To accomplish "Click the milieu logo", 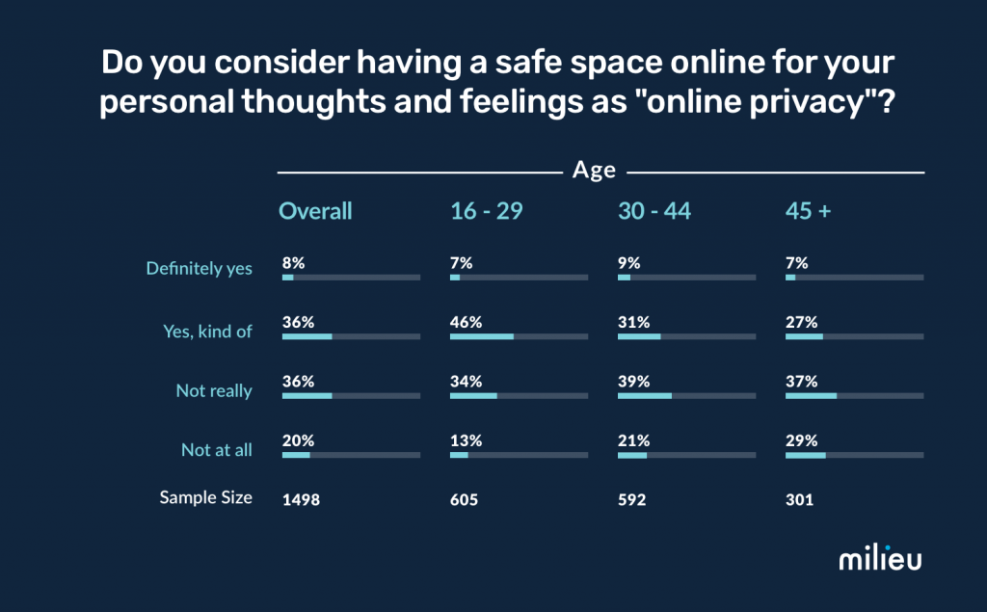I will click(879, 559).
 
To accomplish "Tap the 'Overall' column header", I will click(315, 211).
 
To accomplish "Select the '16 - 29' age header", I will click(486, 211).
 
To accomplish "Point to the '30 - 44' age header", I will click(654, 211).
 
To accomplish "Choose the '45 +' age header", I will click(808, 211).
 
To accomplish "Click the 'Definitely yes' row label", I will click(199, 268).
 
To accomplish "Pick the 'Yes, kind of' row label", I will click(207, 331).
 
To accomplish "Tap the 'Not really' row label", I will click(213, 390).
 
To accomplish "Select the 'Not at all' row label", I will click(216, 450).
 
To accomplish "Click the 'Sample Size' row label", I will click(205, 497).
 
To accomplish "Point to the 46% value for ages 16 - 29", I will click(466, 322).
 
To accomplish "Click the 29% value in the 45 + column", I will click(802, 440).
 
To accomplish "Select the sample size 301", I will click(799, 500).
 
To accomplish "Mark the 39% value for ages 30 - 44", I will click(633, 382).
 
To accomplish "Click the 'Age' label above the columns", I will click(594, 171).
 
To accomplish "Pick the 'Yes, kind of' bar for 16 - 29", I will click(482, 336).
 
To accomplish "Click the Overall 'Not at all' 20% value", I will click(298, 440).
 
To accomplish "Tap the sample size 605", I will click(464, 500).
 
